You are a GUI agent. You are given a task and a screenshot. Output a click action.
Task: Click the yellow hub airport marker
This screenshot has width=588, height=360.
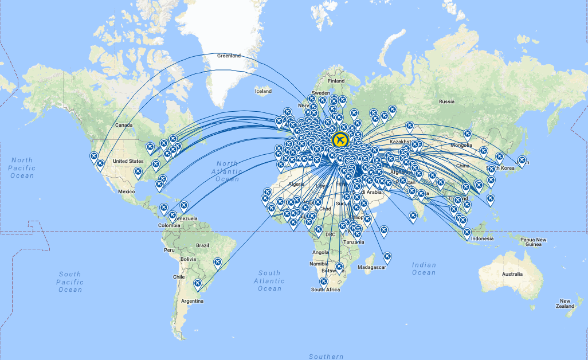click(x=339, y=139)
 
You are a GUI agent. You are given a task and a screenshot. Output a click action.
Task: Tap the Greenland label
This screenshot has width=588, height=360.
click(x=229, y=56)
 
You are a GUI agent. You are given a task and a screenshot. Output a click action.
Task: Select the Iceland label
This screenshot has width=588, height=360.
click(x=263, y=91)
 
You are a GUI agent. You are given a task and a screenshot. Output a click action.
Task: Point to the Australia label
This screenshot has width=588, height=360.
click(x=512, y=274)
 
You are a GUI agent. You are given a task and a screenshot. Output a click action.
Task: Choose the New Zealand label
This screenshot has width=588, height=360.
click(x=565, y=304)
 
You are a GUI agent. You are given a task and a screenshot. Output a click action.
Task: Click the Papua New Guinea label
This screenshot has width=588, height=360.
click(x=533, y=242)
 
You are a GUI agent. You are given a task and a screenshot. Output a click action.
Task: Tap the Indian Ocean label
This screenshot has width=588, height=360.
click(x=424, y=269)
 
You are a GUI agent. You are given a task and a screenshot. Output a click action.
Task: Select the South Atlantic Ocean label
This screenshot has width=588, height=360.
click(x=269, y=281)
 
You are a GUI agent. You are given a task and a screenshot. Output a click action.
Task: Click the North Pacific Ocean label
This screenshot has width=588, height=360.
click(x=22, y=168)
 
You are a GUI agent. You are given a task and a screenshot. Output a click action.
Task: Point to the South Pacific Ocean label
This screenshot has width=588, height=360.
click(x=70, y=281)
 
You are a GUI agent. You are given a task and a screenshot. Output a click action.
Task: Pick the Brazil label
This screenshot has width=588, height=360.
click(x=202, y=245)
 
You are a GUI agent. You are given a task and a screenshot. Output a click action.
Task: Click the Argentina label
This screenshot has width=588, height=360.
click(x=193, y=300)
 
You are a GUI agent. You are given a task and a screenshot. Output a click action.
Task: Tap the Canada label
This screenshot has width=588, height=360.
click(x=124, y=125)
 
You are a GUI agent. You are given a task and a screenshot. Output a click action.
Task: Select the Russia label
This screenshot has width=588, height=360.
click(x=446, y=101)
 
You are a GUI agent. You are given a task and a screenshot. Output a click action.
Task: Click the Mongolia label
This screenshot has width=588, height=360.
click(x=462, y=145)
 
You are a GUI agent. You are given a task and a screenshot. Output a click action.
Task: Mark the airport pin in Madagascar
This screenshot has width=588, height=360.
click(x=387, y=256)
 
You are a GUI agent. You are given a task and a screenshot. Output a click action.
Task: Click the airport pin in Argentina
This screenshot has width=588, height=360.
click(x=198, y=283)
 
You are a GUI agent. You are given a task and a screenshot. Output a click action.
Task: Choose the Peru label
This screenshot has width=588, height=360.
click(x=169, y=250)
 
